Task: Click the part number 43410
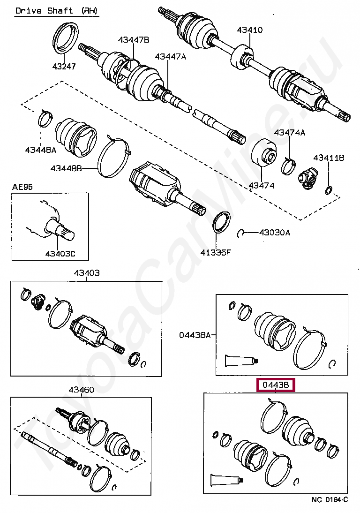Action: pyautogui.click(x=249, y=30)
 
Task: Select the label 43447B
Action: pyautogui.click(x=134, y=40)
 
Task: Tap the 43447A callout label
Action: pyautogui.click(x=171, y=57)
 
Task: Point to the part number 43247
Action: pyautogui.click(x=64, y=67)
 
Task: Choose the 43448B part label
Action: pyautogui.click(x=66, y=167)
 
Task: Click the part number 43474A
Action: pyautogui.click(x=290, y=133)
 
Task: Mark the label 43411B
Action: pyautogui.click(x=329, y=158)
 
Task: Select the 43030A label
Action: pyautogui.click(x=275, y=232)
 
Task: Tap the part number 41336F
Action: pyautogui.click(x=216, y=253)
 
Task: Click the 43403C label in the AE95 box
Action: pyautogui.click(x=60, y=254)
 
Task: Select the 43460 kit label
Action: pyautogui.click(x=81, y=390)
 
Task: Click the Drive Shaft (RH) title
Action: pyautogui.click(x=57, y=11)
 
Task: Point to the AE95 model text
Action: pyautogui.click(x=22, y=187)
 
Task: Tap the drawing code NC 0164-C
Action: pyautogui.click(x=330, y=500)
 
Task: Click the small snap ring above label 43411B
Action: pyautogui.click(x=329, y=190)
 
